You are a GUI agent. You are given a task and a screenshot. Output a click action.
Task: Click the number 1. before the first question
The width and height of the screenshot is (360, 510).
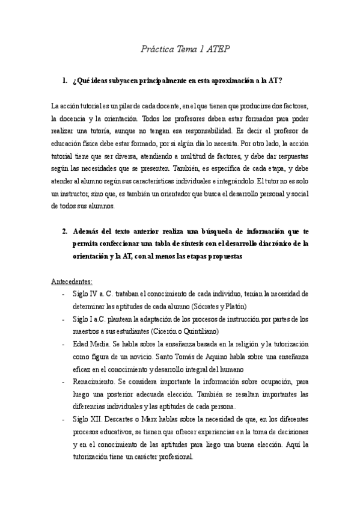[x=65, y=80]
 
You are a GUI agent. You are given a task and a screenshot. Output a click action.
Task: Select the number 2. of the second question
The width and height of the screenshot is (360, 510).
[x=65, y=230]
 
